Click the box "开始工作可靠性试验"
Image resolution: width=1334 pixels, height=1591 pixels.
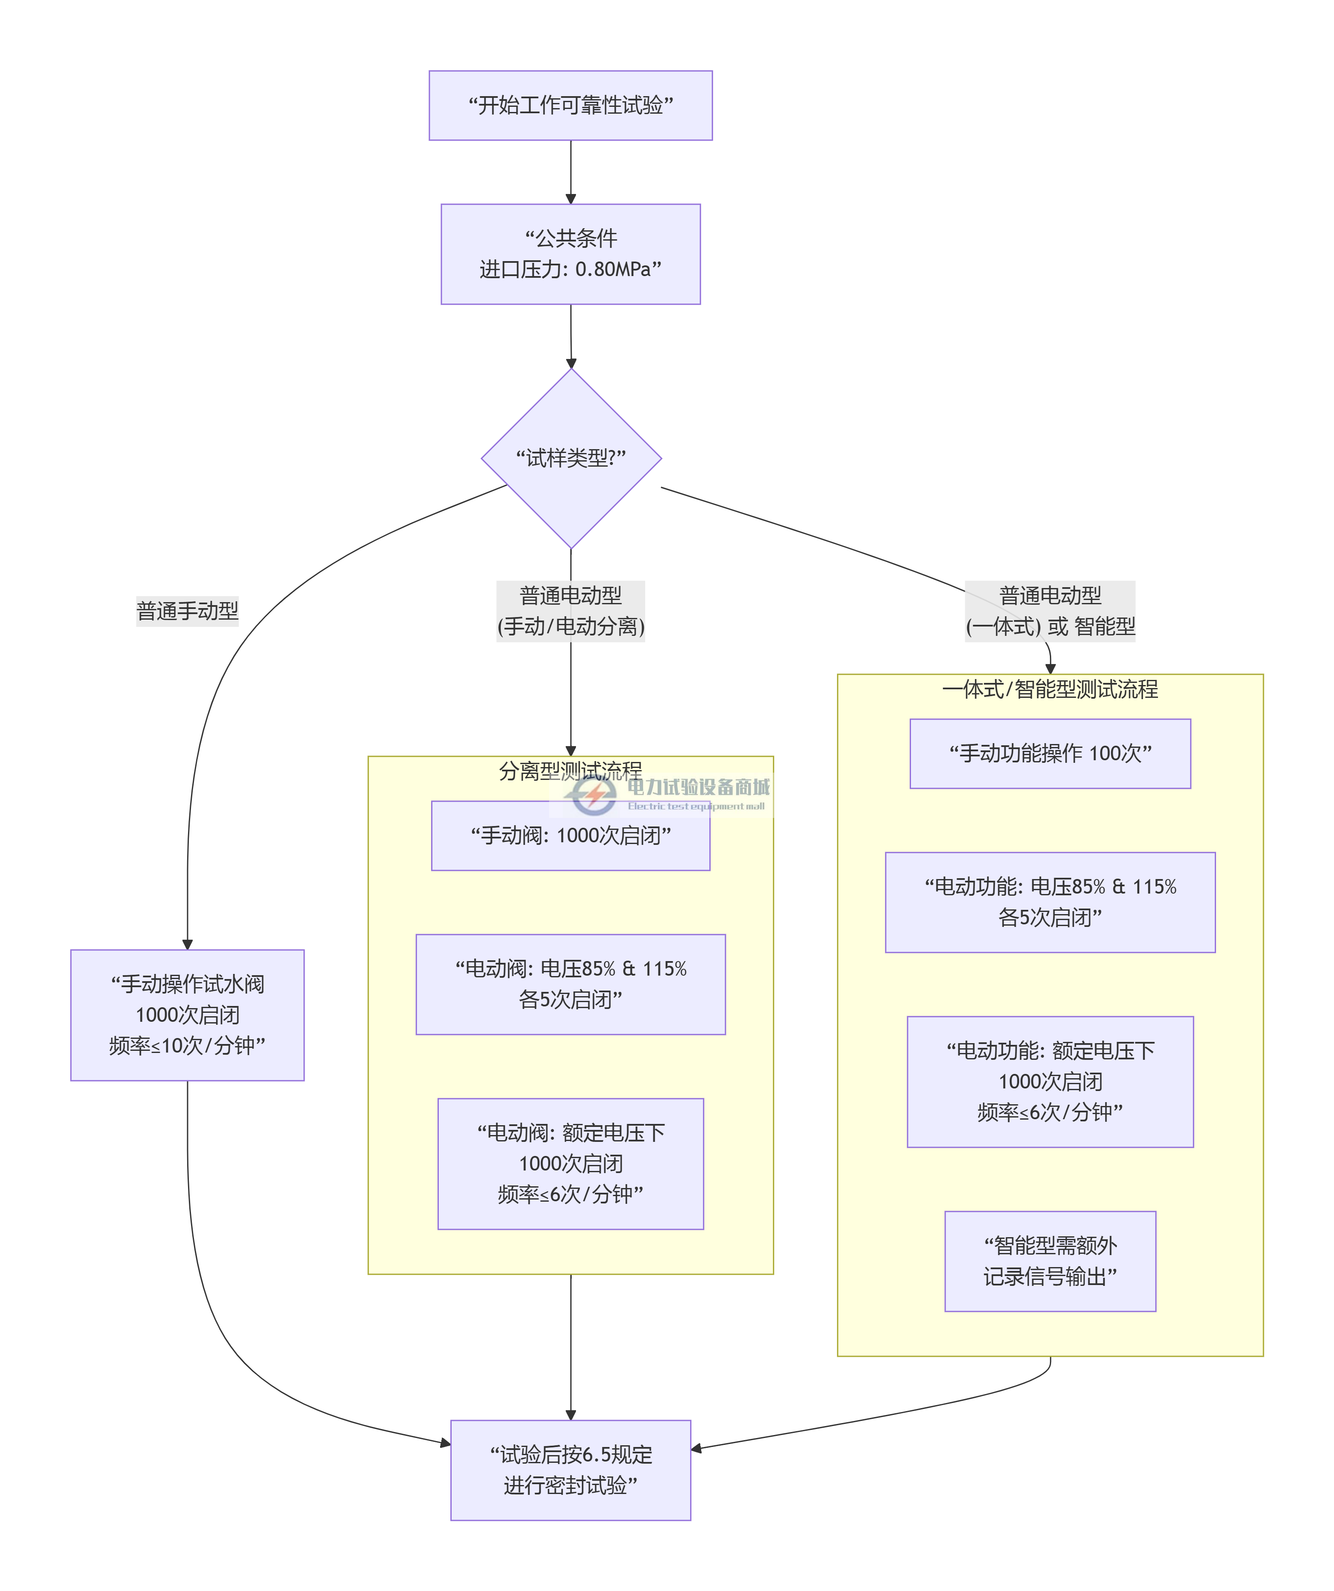[570, 105]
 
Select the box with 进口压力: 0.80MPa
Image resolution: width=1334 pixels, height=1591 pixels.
[570, 254]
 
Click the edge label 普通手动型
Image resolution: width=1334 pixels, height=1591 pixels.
[187, 611]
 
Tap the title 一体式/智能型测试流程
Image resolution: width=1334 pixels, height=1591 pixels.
[1050, 689]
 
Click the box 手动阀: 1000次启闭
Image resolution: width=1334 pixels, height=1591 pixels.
[570, 835]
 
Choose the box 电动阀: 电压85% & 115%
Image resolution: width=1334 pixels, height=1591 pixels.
[570, 984]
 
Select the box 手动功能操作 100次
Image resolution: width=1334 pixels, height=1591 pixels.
[1050, 753]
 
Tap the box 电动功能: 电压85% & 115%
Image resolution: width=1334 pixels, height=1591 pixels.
[1050, 902]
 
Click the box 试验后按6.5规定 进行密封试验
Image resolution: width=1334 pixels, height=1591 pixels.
[570, 1470]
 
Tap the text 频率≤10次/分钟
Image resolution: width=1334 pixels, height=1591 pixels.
[187, 1046]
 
